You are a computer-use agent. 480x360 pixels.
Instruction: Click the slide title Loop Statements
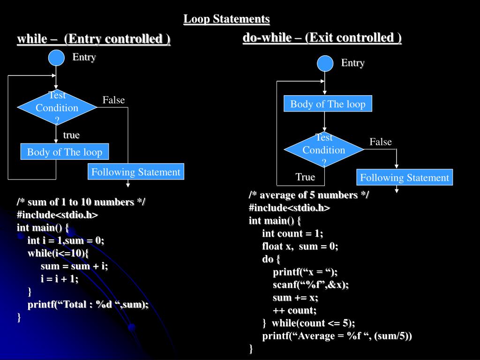click(x=226, y=19)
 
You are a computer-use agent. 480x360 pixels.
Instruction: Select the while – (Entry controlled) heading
click(x=94, y=39)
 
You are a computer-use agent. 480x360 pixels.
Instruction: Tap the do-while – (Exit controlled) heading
click(x=322, y=37)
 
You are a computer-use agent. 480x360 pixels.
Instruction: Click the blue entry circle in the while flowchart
click(x=57, y=58)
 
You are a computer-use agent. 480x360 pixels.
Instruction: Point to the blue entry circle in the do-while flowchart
click(x=325, y=63)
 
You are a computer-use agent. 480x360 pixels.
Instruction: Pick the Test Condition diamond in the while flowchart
click(x=57, y=108)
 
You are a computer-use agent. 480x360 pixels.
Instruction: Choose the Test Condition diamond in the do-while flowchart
click(x=324, y=150)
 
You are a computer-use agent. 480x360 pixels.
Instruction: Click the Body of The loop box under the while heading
click(x=65, y=152)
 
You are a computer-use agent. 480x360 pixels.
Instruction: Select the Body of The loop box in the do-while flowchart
click(x=328, y=104)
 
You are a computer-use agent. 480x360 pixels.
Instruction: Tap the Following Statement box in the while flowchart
click(x=136, y=172)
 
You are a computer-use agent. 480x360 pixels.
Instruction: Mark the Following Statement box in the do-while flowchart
click(x=405, y=178)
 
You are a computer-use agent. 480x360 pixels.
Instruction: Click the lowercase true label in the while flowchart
click(x=71, y=135)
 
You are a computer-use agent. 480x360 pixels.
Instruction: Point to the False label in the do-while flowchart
click(x=380, y=142)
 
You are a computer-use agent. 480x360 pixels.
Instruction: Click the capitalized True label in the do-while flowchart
click(x=305, y=177)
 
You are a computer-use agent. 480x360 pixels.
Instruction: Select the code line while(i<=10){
click(x=58, y=253)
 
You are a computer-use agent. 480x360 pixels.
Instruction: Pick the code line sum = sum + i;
click(x=74, y=266)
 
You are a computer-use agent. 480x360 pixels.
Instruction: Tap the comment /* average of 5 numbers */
click(x=308, y=195)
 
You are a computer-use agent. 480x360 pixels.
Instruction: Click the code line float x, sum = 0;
click(x=300, y=246)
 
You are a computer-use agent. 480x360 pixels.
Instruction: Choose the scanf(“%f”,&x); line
click(x=311, y=285)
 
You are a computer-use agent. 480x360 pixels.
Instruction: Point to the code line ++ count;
click(x=294, y=310)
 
